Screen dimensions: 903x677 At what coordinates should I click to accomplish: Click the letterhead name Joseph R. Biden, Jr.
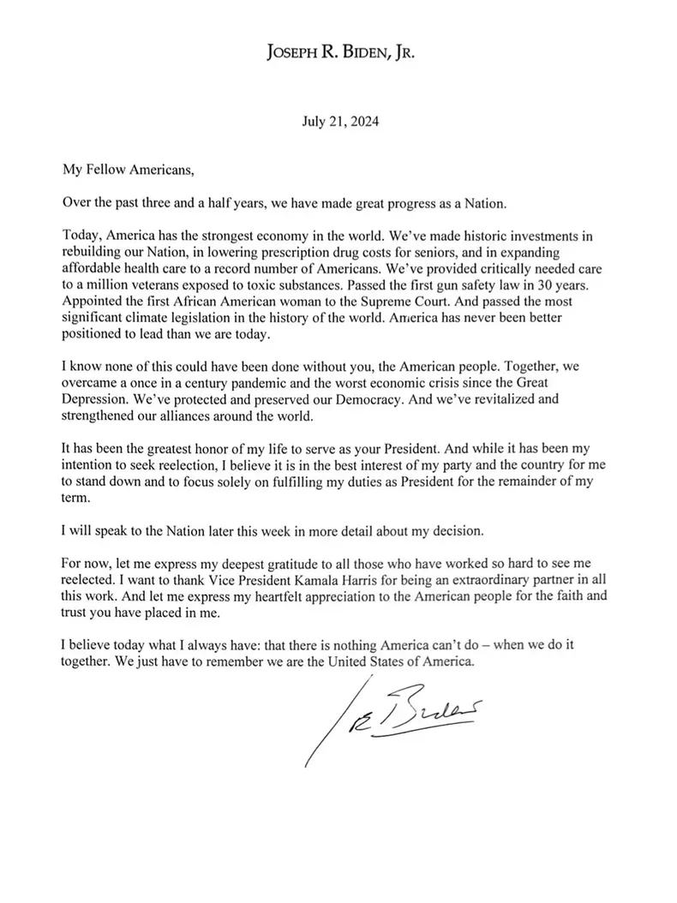340,53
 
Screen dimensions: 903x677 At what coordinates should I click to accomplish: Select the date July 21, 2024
339,122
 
